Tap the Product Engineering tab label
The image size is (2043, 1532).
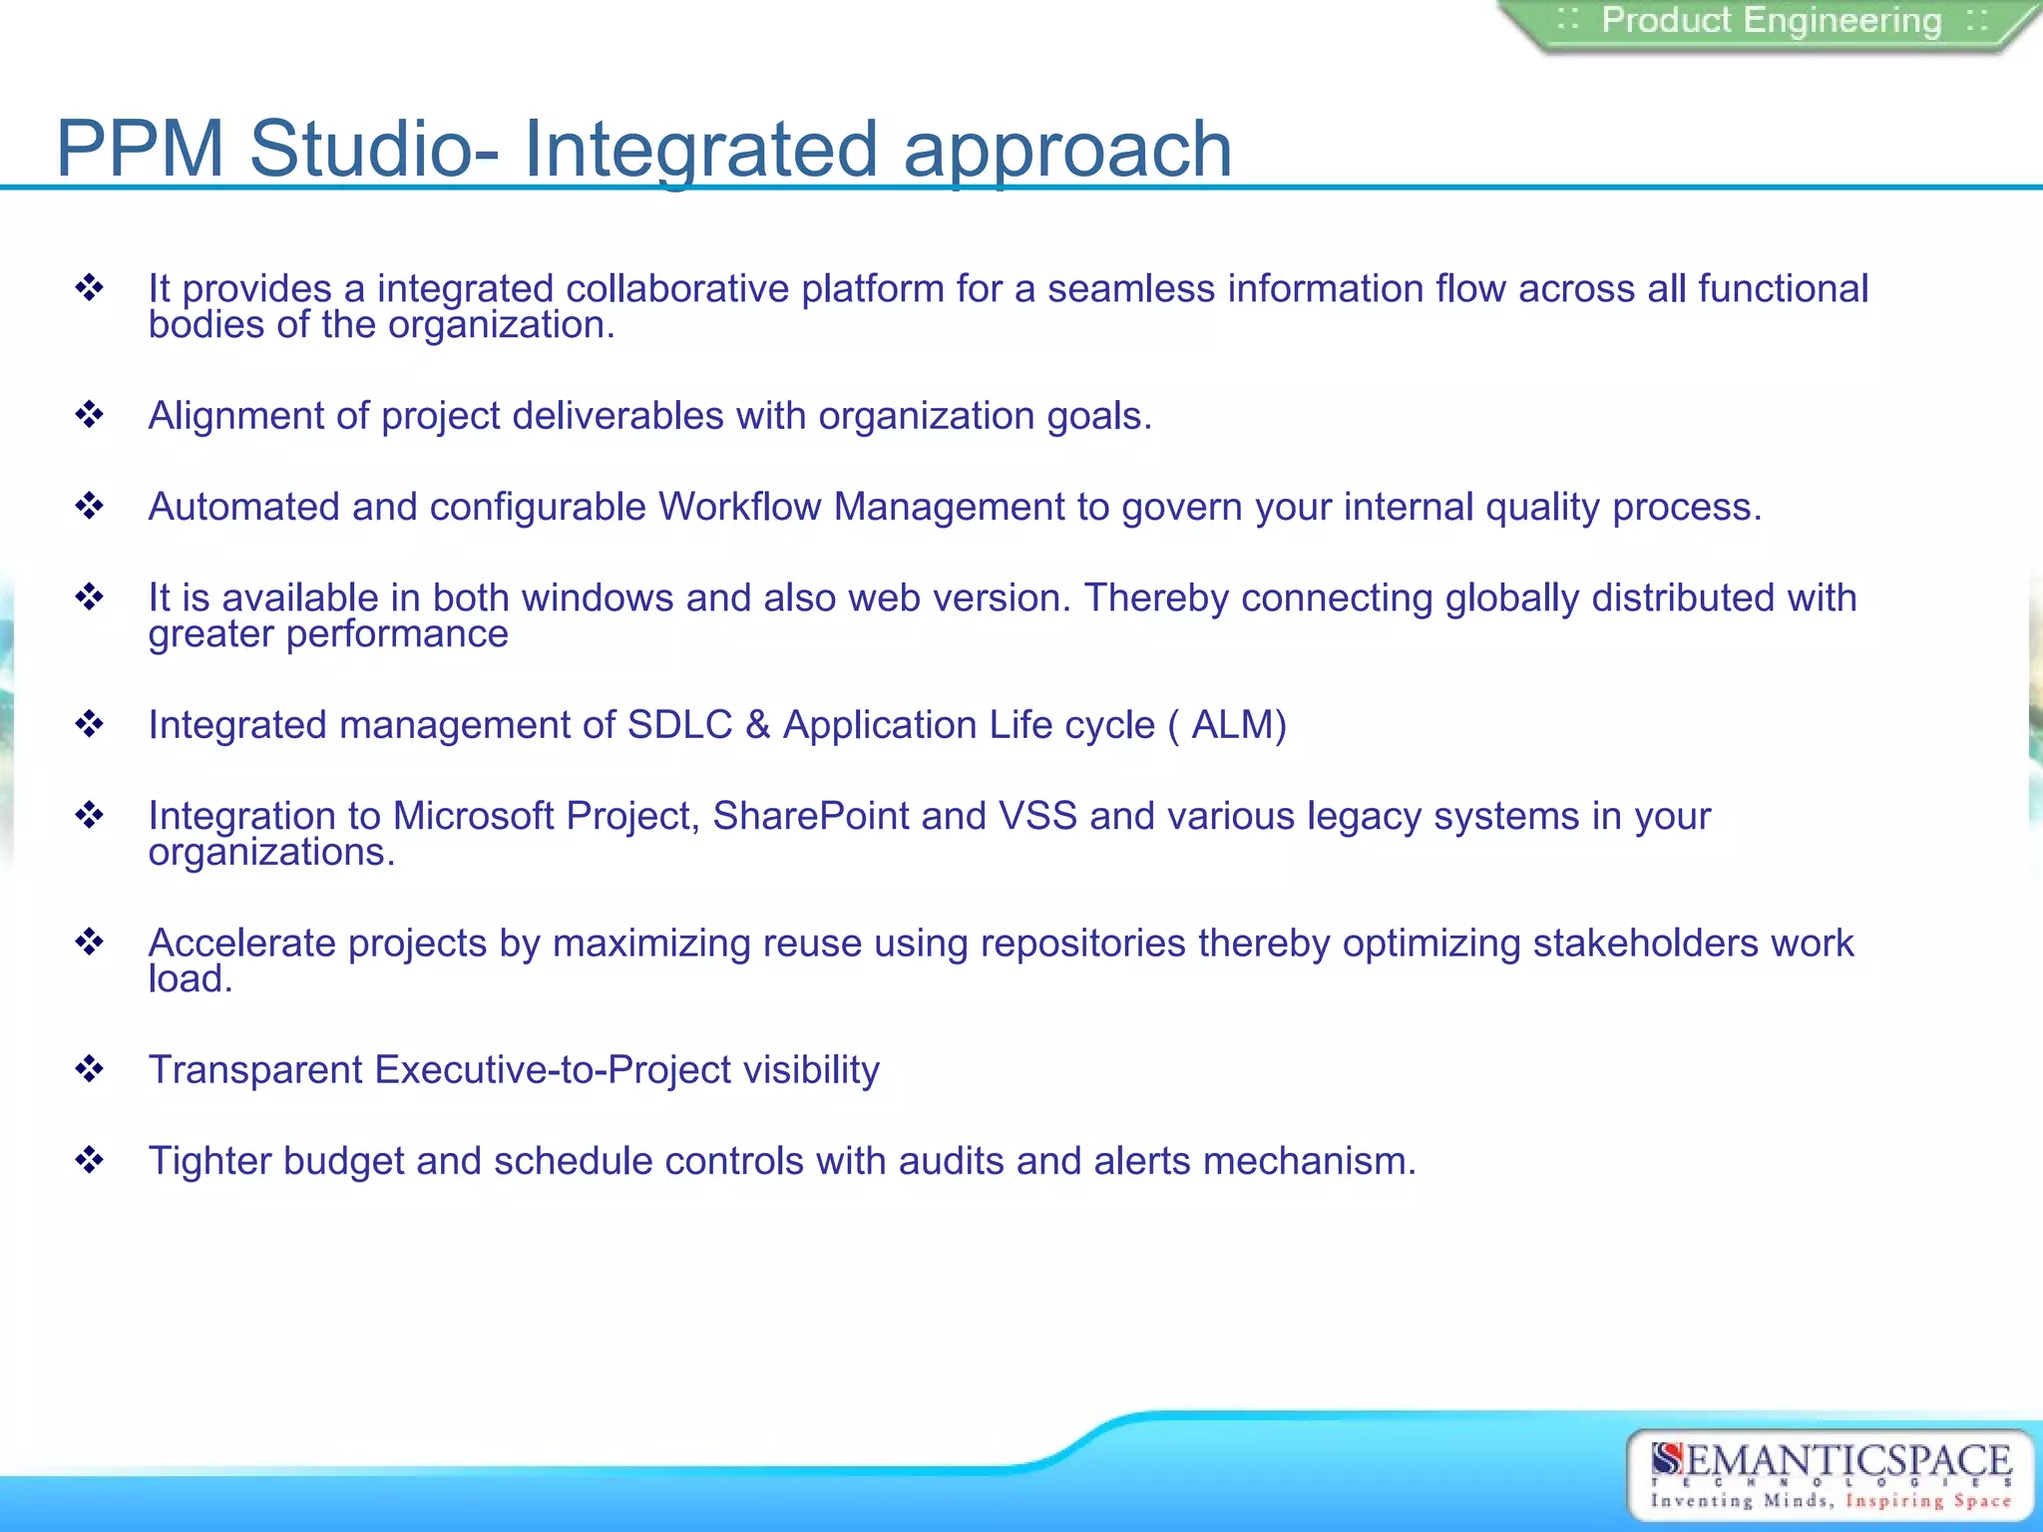tap(1771, 21)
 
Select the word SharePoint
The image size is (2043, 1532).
tap(810, 816)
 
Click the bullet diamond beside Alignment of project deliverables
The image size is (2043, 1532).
tap(90, 415)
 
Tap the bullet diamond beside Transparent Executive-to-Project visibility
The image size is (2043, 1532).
tap(90, 1069)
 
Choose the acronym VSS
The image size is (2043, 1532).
tap(1037, 816)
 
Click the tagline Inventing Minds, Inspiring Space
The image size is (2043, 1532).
tap(1831, 1501)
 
